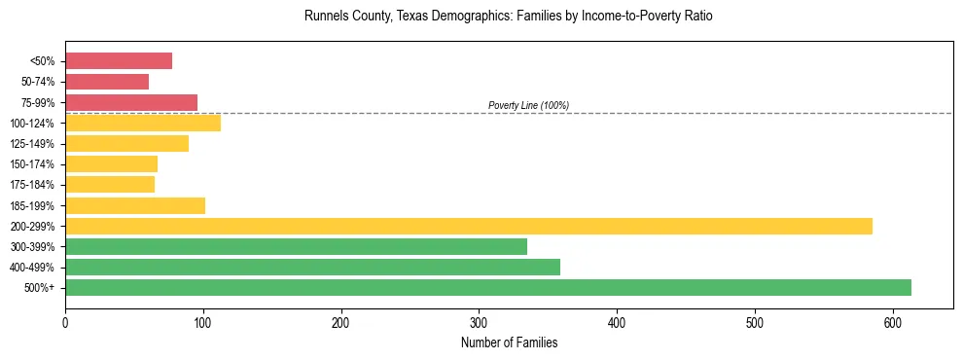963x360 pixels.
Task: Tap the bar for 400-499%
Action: tap(312, 267)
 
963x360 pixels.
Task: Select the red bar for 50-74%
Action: tap(107, 82)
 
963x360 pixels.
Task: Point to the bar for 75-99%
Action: tap(131, 102)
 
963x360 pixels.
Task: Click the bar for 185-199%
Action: tap(135, 205)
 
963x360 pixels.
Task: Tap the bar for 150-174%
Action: tap(111, 163)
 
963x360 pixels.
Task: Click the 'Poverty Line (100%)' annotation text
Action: tap(528, 105)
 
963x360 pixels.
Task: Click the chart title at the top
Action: tap(509, 17)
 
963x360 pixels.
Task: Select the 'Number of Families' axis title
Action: tap(509, 342)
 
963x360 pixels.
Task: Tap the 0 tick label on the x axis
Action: tap(65, 322)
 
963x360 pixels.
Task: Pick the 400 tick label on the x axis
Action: tap(617, 322)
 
